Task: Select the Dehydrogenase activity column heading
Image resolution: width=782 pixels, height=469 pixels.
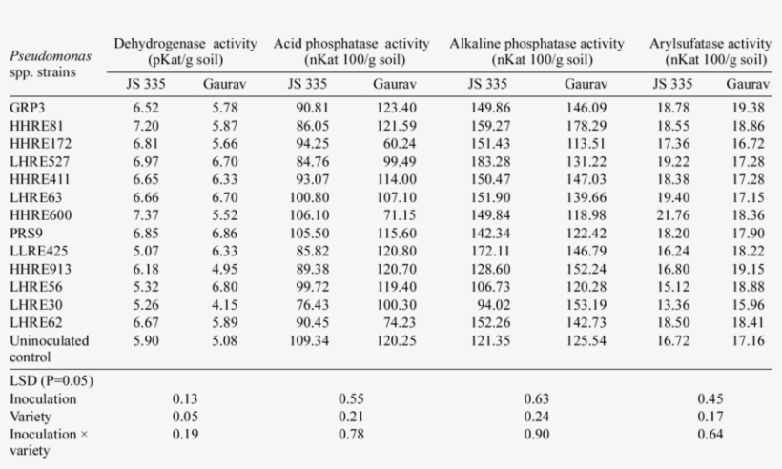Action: [x=185, y=44]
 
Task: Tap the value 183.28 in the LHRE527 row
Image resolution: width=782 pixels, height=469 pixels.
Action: [x=491, y=161]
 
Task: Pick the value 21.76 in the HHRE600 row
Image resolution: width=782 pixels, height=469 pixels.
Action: [x=672, y=214]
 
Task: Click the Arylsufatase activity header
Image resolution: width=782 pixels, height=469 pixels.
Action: [x=710, y=44]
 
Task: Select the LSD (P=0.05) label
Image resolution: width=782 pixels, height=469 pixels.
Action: [x=51, y=381]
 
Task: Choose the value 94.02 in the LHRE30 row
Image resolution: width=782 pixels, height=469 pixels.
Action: [x=491, y=304]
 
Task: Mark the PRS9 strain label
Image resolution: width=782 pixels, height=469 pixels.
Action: [x=26, y=233]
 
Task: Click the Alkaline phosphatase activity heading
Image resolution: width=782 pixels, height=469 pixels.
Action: [x=537, y=44]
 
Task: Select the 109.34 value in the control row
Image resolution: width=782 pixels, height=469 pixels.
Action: [x=314, y=339]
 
